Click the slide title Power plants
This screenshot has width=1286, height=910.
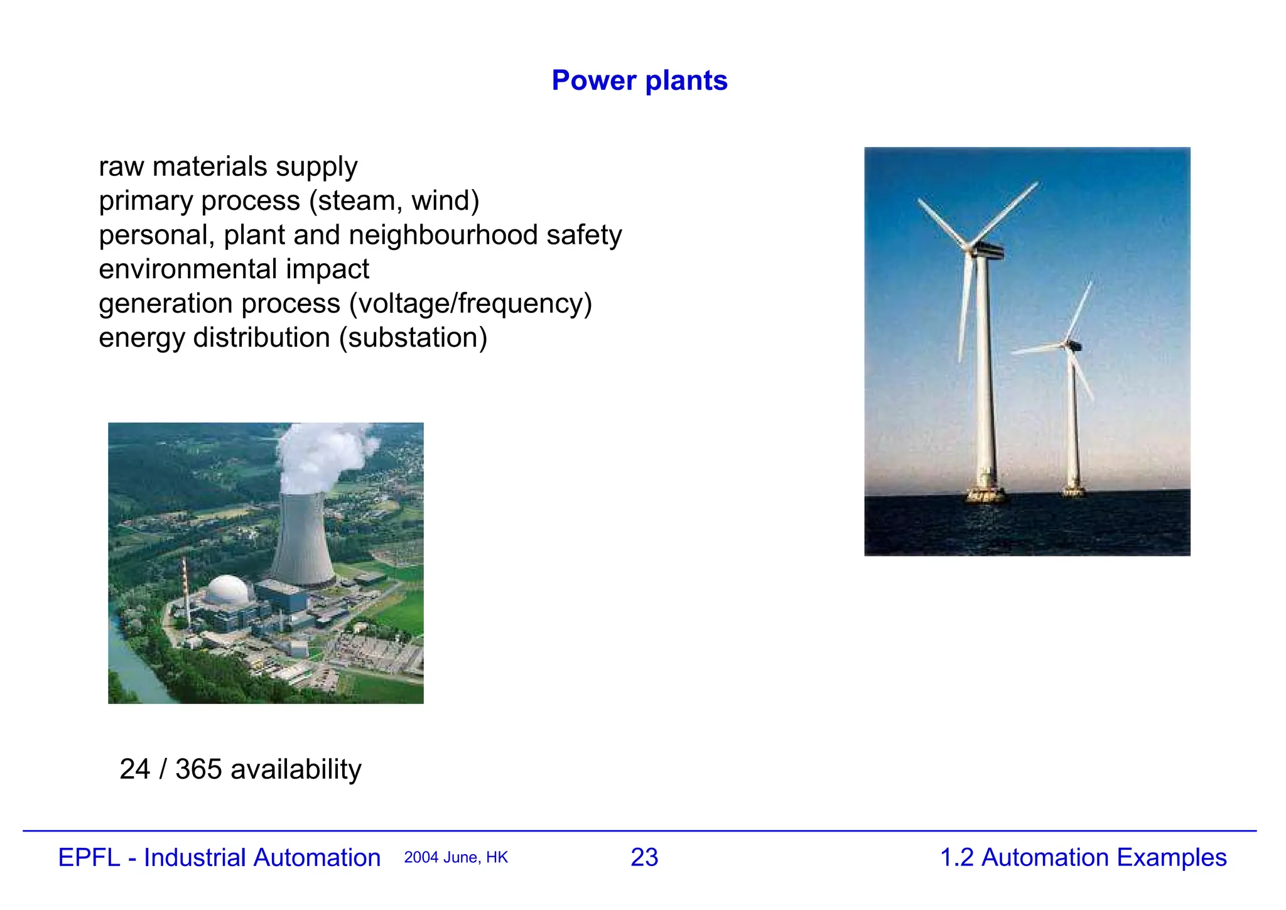(x=639, y=80)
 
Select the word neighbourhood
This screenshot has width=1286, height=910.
(x=443, y=235)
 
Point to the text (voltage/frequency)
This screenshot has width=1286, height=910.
(x=470, y=303)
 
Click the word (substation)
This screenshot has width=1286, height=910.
(x=413, y=338)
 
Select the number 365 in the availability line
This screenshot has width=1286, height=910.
(x=198, y=769)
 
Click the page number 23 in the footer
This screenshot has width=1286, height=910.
(x=644, y=857)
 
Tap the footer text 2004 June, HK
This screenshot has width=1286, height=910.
(x=456, y=858)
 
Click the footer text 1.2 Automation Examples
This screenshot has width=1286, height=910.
(x=1083, y=857)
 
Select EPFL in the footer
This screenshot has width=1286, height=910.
(x=89, y=858)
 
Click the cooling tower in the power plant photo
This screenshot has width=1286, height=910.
(x=303, y=540)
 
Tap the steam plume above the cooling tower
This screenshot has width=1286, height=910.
(x=320, y=455)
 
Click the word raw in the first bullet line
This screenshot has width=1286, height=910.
(x=121, y=167)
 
